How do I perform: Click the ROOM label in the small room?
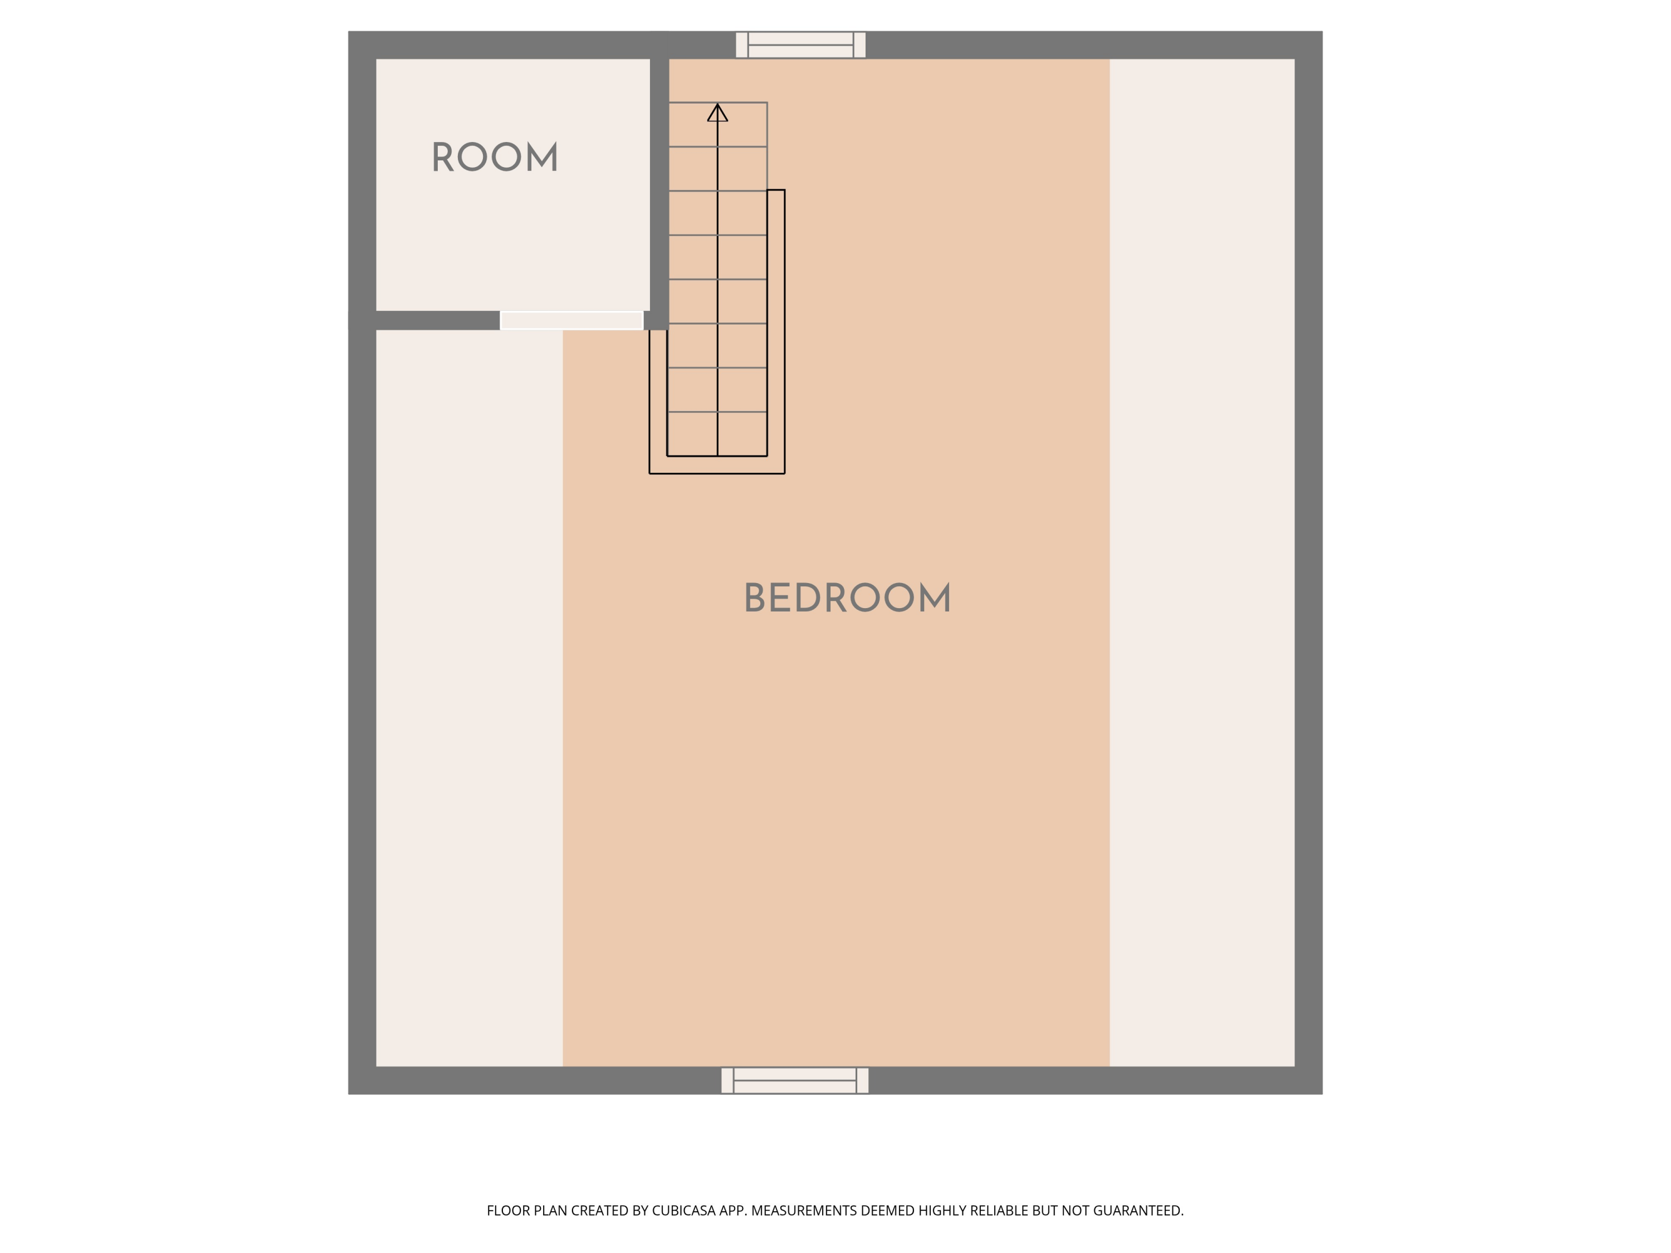[x=495, y=157]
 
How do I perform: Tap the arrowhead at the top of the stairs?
[x=717, y=112]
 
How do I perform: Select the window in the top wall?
[x=801, y=45]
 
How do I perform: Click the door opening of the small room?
[x=572, y=320]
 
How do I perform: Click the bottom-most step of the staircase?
[x=717, y=434]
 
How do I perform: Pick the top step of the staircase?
[x=717, y=125]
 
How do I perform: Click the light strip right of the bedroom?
[x=1202, y=562]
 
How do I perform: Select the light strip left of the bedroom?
[x=469, y=699]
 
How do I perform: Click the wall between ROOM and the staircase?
[x=659, y=181]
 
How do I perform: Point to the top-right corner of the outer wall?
[x=1322, y=32]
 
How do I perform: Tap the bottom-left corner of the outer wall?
[x=348, y=1094]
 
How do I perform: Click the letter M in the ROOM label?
[x=543, y=157]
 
